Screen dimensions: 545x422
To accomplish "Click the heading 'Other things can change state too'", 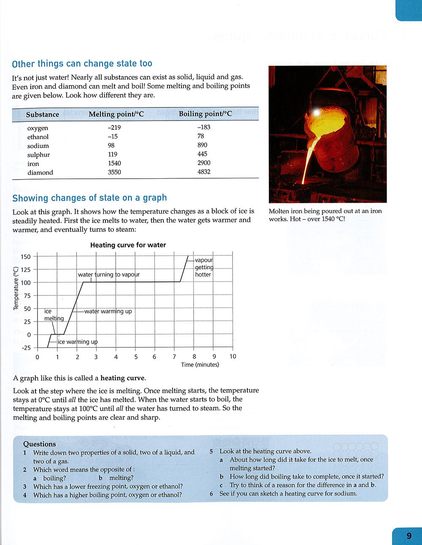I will click(82, 64).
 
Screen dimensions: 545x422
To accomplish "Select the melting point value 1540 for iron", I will click(114, 163).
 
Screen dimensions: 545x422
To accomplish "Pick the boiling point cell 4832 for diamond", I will click(204, 172).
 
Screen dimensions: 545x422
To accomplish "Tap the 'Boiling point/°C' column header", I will click(205, 114).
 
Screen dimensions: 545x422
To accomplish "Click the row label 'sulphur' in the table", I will click(38, 155).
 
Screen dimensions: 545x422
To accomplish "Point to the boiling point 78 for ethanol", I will click(200, 136).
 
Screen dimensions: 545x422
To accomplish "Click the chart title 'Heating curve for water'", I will click(128, 245).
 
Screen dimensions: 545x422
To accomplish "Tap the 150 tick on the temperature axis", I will click(25, 257).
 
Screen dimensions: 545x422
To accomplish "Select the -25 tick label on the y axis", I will click(26, 348).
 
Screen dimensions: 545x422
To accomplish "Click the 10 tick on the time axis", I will click(233, 357).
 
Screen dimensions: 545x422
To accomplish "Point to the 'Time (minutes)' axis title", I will click(200, 365).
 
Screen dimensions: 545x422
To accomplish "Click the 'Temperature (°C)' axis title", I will click(16, 289).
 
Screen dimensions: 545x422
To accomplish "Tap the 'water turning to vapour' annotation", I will click(108, 274).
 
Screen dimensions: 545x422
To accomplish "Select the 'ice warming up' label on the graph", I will click(77, 342).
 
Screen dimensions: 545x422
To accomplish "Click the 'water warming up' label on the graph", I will click(108, 311).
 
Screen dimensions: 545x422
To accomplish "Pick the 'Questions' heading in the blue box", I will click(39, 444).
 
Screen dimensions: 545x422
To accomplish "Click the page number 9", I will click(408, 536).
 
